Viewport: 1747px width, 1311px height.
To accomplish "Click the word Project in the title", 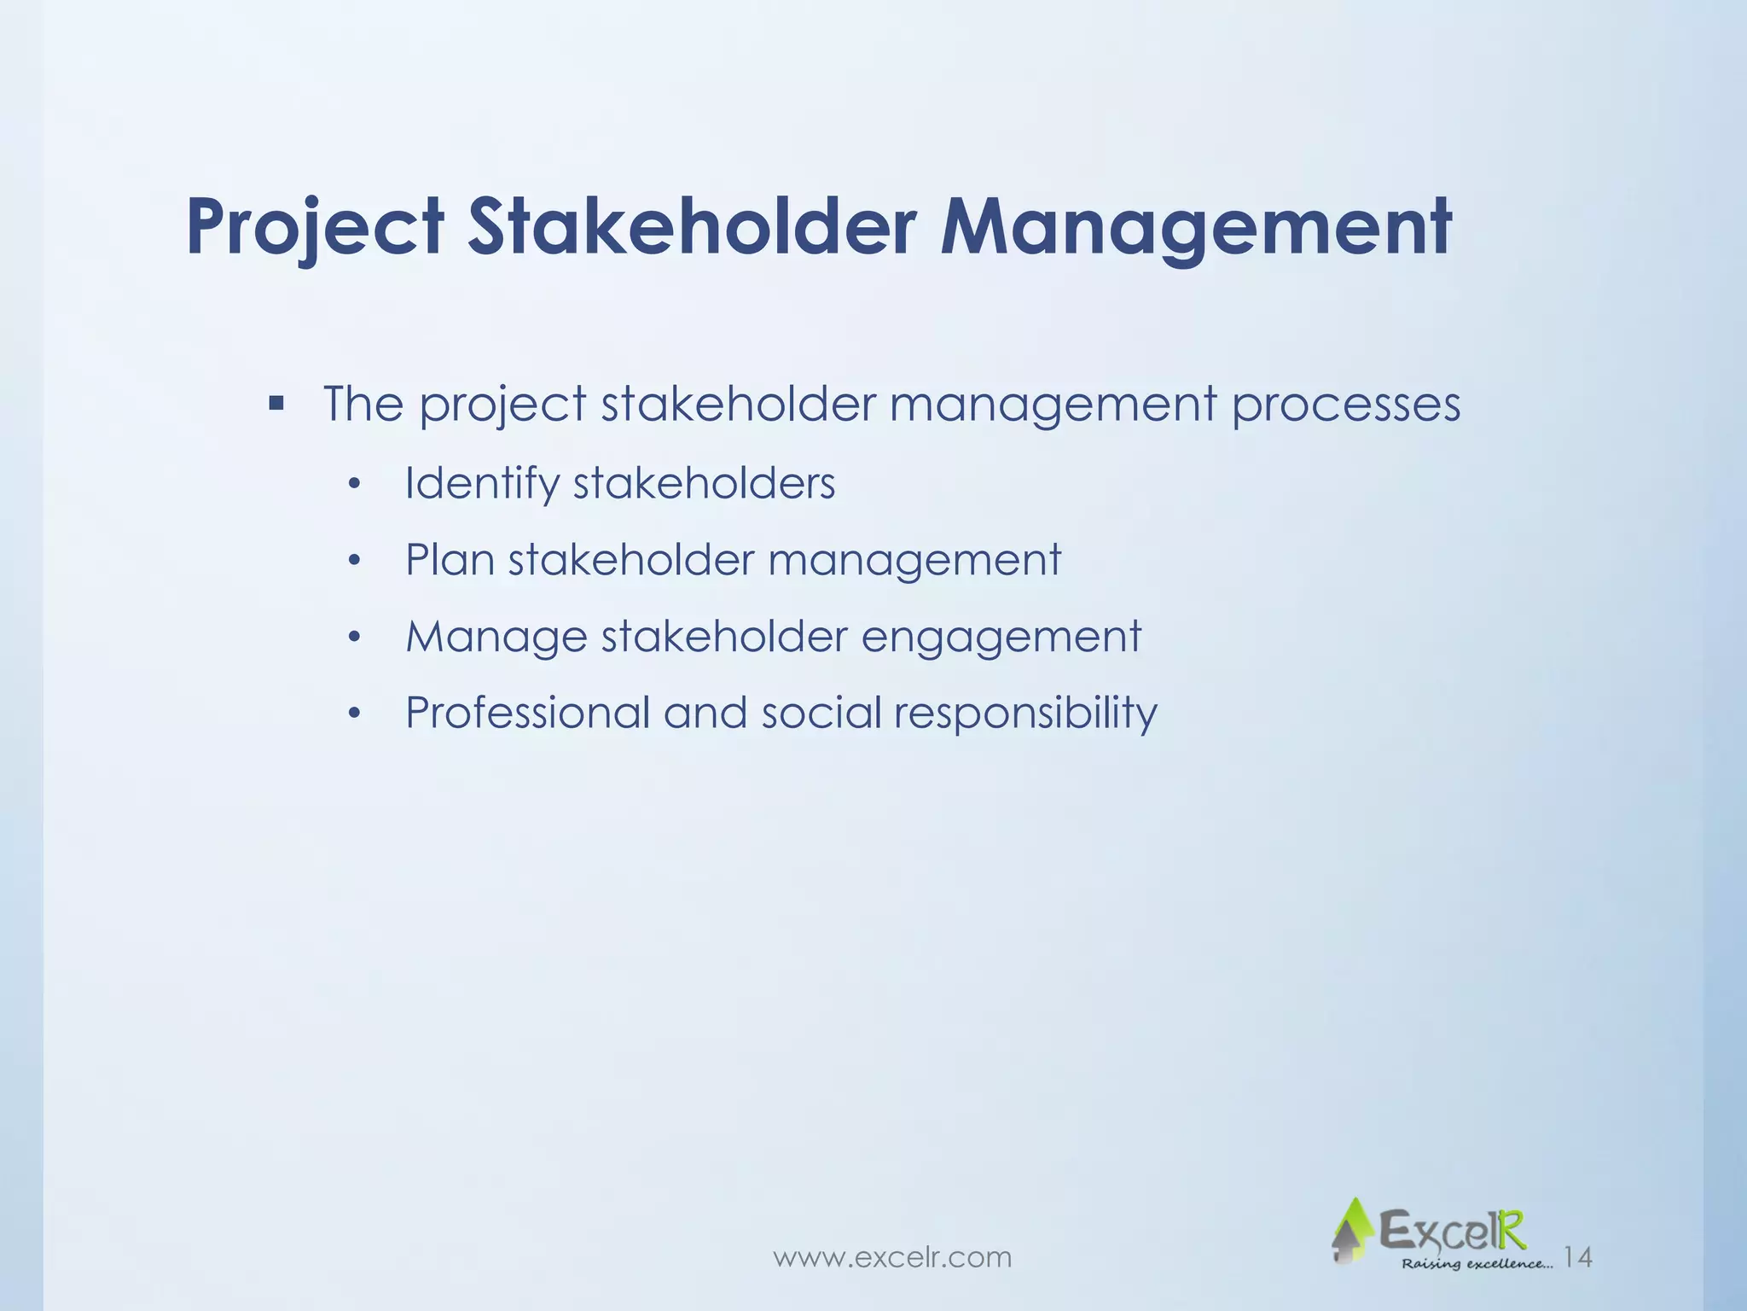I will pos(315,227).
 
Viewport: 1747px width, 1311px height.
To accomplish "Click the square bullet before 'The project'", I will pos(276,402).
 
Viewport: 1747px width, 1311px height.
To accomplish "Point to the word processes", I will pos(1345,405).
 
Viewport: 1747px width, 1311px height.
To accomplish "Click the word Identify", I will pos(482,484).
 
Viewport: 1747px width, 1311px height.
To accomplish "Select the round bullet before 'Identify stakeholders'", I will pos(355,486).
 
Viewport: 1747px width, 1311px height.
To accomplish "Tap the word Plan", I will pos(450,560).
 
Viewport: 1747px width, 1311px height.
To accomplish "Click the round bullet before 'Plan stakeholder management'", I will pos(355,562).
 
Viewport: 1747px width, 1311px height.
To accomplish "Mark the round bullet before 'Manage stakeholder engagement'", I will pos(355,638).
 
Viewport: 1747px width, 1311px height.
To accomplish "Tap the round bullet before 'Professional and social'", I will pos(355,714).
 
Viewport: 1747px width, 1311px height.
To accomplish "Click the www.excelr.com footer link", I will pos(892,1257).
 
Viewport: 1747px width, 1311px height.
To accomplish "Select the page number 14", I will pos(1578,1257).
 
